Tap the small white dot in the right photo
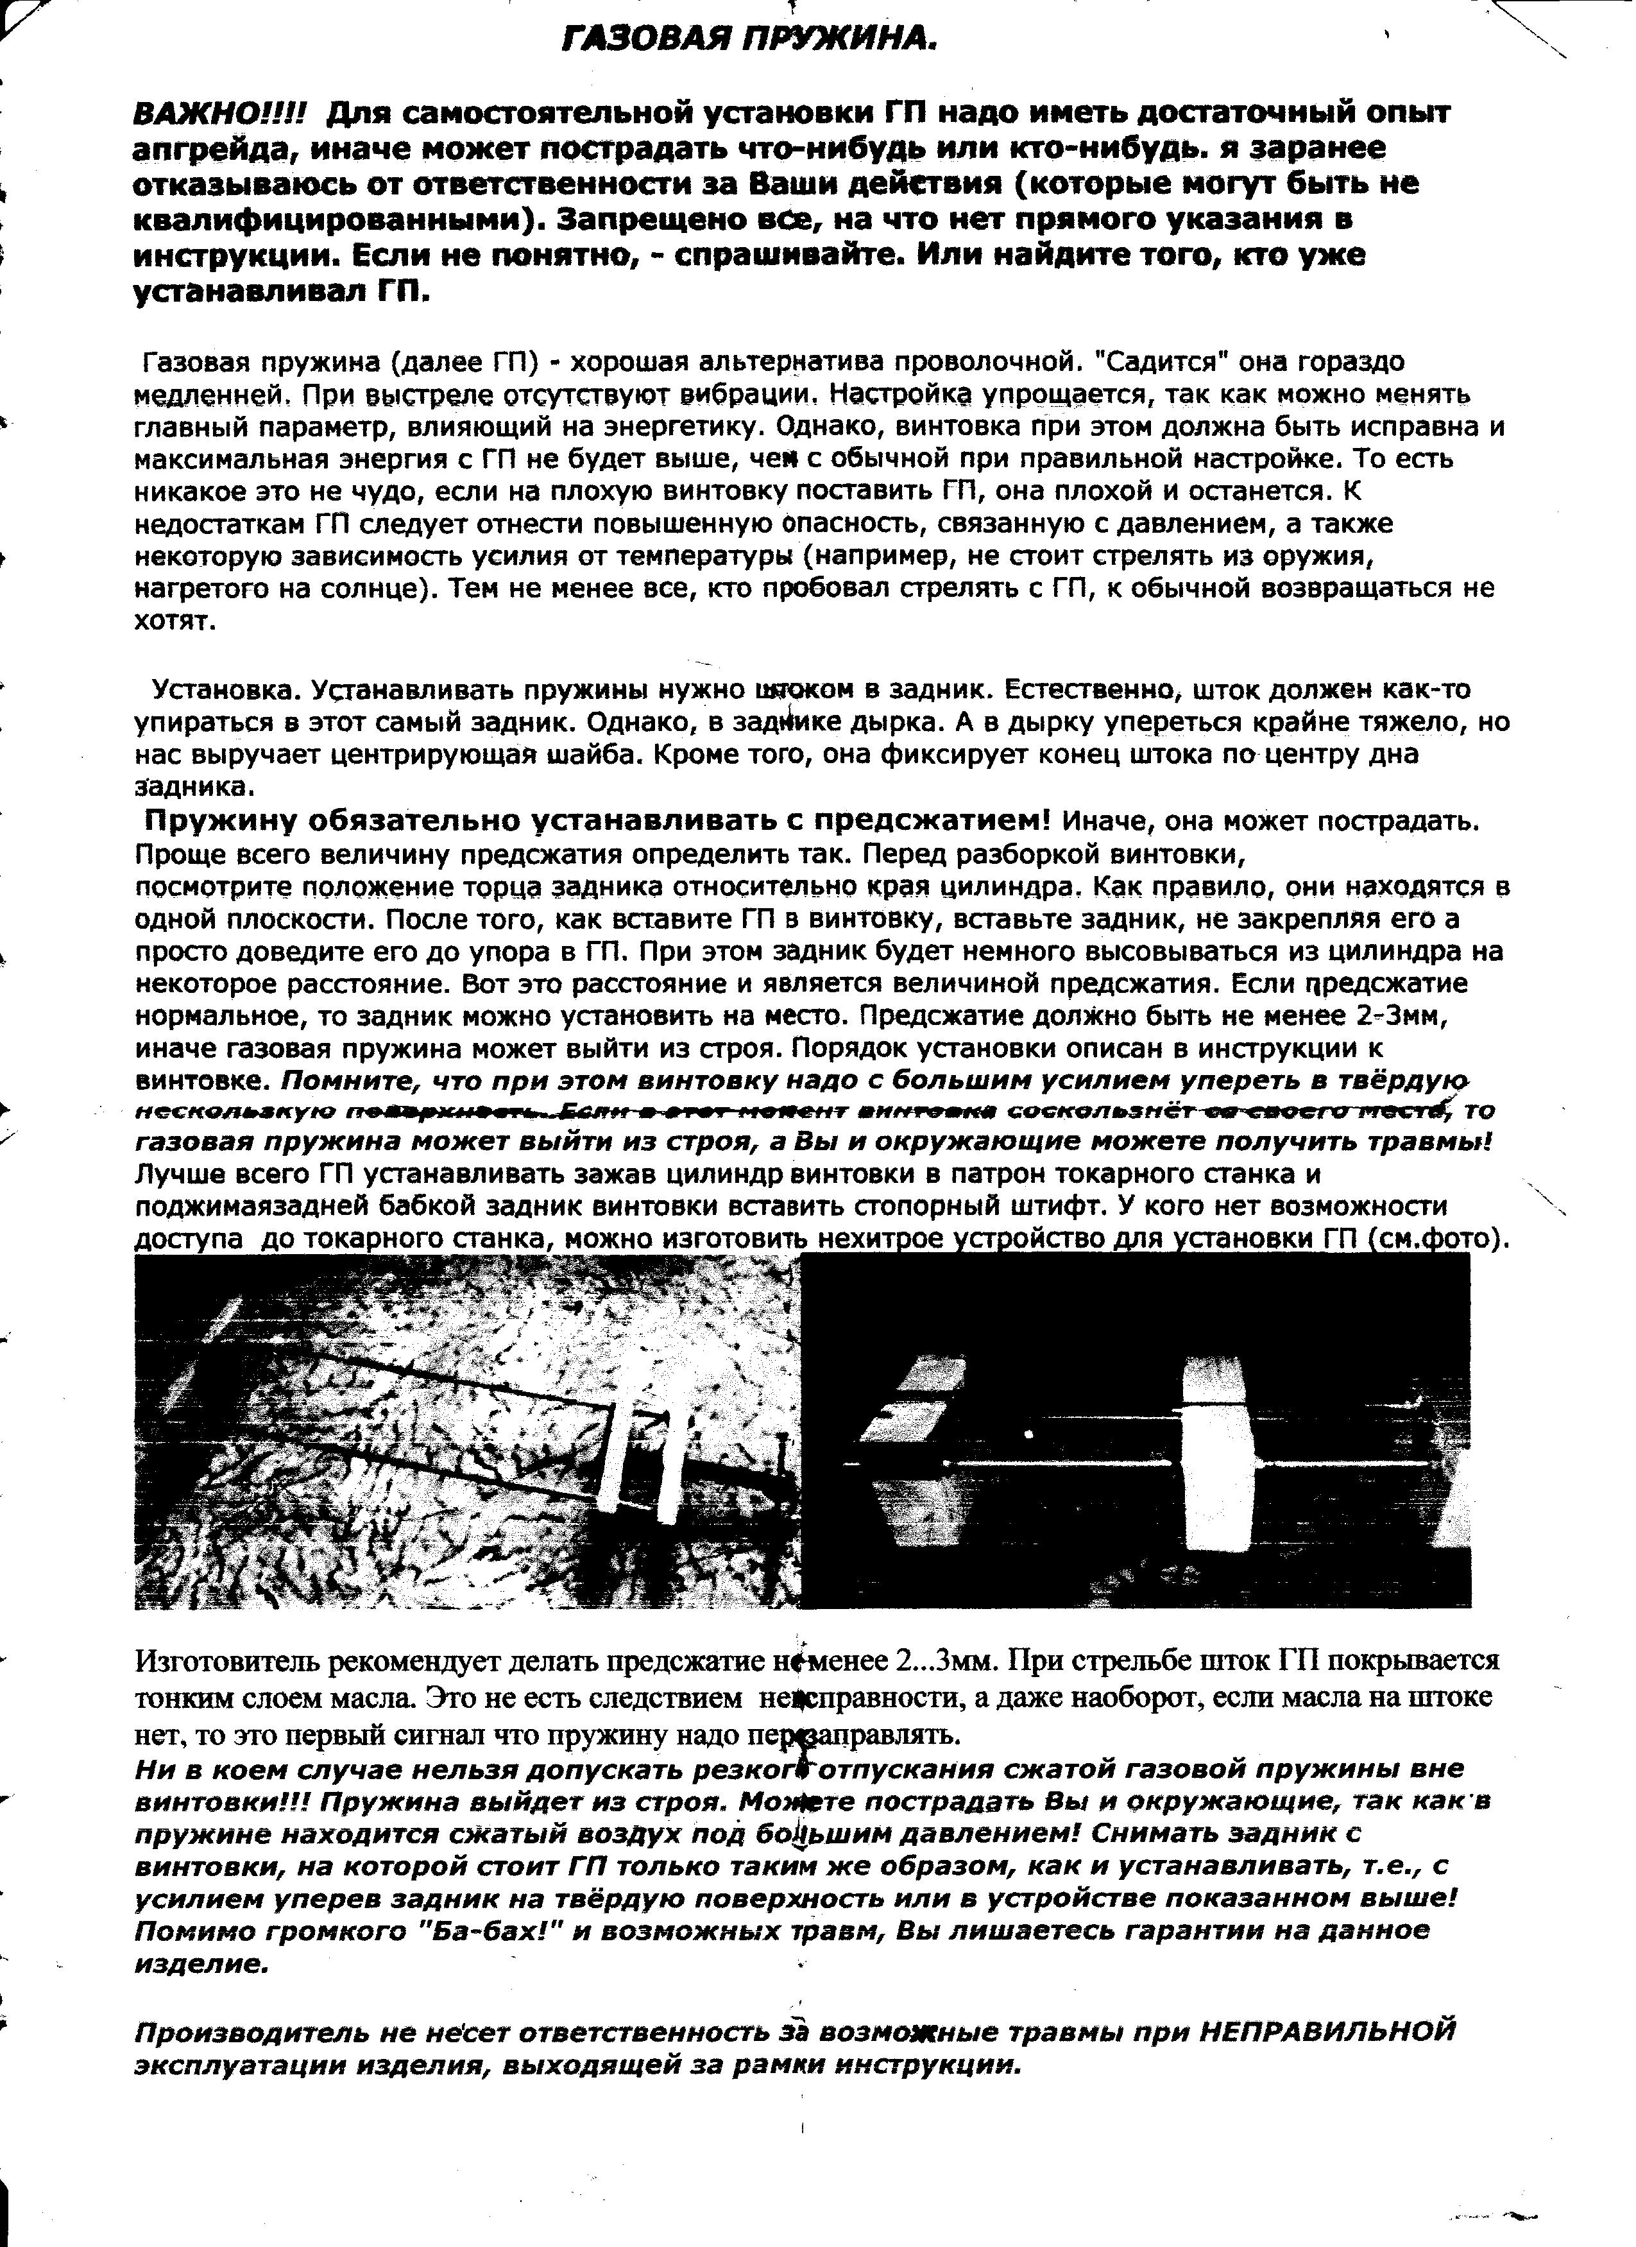[1031, 1433]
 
